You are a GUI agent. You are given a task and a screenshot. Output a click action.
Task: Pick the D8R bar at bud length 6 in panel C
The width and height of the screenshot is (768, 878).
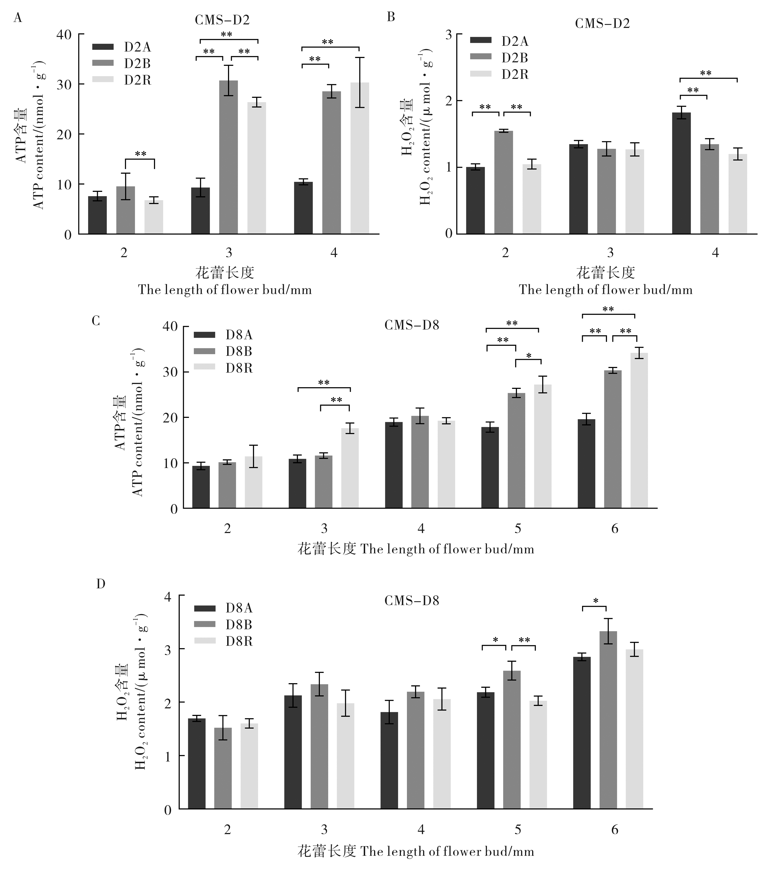[x=639, y=430]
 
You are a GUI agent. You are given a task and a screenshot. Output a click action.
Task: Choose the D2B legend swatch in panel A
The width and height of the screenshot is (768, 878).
[x=103, y=63]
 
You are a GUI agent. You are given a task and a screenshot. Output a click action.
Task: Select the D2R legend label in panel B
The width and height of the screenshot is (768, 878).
[x=515, y=75]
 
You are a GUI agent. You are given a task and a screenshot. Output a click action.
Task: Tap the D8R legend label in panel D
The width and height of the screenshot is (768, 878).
[x=239, y=641]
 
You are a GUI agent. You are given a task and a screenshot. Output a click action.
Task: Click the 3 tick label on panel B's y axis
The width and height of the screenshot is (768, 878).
[x=448, y=34]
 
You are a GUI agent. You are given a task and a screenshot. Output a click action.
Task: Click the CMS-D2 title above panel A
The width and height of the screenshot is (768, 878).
[x=222, y=20]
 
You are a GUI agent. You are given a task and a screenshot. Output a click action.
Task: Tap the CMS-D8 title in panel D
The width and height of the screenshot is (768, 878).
[x=412, y=601]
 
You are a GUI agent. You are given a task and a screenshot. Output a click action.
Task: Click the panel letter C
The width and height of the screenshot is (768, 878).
[x=96, y=321]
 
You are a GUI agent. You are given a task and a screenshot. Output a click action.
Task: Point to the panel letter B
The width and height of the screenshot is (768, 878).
[x=391, y=17]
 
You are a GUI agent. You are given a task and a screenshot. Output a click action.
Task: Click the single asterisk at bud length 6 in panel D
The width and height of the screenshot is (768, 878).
[x=596, y=601]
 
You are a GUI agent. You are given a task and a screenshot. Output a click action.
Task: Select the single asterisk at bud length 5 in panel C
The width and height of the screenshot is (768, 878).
[x=528, y=356]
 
